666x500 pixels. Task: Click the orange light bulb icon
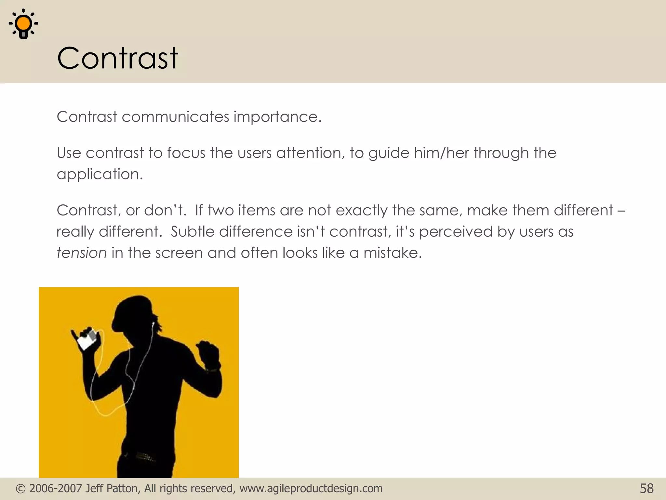[x=23, y=24]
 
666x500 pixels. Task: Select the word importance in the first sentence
[x=277, y=117]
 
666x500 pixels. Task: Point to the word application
[x=100, y=174]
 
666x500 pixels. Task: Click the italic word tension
[x=81, y=253]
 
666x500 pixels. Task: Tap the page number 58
[x=646, y=489]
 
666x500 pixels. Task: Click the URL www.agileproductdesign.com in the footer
[x=311, y=489]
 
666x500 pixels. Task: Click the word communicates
[x=175, y=117]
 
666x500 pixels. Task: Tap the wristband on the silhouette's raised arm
[x=212, y=370]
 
